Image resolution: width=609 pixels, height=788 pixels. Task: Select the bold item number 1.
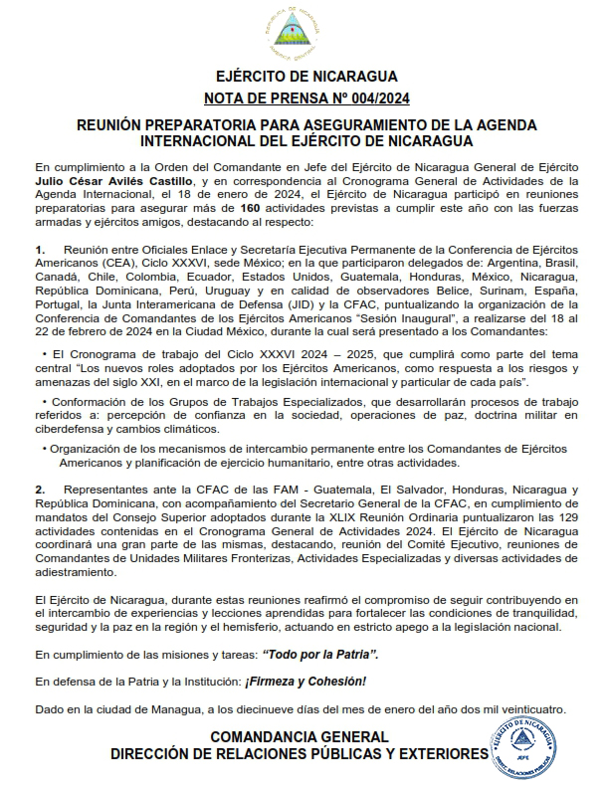pyautogui.click(x=39, y=247)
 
